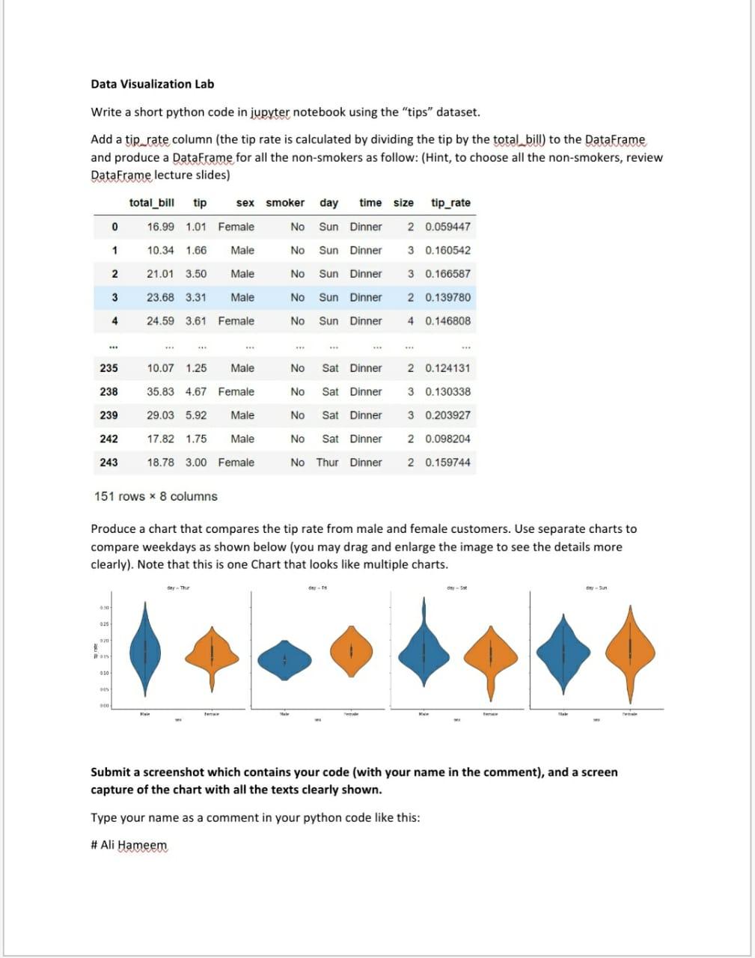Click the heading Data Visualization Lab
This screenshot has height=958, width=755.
pyautogui.click(x=152, y=84)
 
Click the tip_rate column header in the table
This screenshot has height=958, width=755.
pyautogui.click(x=450, y=203)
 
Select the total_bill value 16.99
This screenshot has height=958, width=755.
pyautogui.click(x=160, y=227)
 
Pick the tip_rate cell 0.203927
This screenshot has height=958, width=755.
pyautogui.click(x=447, y=415)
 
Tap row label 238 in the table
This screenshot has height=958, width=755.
pyautogui.click(x=108, y=391)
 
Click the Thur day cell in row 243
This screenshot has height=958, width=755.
pyautogui.click(x=327, y=463)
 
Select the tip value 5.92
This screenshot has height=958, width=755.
pyautogui.click(x=196, y=415)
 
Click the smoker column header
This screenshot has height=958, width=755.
pyautogui.click(x=285, y=203)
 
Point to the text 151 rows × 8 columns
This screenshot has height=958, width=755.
pyautogui.click(x=156, y=496)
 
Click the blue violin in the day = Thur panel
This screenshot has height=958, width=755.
pyautogui.click(x=145, y=647)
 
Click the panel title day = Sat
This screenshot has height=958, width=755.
pyautogui.click(x=456, y=588)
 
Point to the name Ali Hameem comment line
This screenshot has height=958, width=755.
pyautogui.click(x=129, y=845)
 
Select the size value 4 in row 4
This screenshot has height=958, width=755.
pyautogui.click(x=410, y=321)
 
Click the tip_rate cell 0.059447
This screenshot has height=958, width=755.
pyautogui.click(x=447, y=227)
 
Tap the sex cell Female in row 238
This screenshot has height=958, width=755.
pyautogui.click(x=236, y=391)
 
